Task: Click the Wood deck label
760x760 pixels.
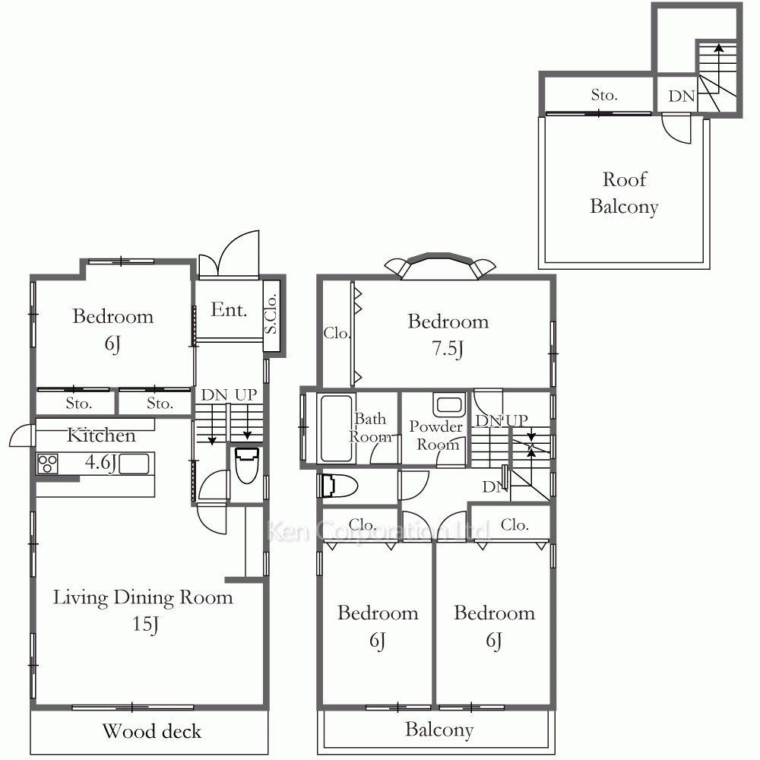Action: coord(152,731)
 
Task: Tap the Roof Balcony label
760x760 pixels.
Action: coord(624,193)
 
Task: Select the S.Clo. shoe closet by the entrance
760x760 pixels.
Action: coord(271,315)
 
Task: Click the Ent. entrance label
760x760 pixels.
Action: coord(229,309)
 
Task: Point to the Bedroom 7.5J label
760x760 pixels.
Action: coord(448,334)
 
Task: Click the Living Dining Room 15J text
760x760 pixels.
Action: coord(143,610)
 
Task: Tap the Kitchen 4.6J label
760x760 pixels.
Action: coord(101,448)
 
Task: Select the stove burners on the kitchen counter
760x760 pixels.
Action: coord(47,464)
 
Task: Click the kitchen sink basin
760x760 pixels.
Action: coord(134,464)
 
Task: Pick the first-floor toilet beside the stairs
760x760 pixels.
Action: coord(247,465)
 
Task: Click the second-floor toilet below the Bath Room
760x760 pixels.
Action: coord(338,486)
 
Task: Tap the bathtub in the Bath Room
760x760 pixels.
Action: coord(336,429)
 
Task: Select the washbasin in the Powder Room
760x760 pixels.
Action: coord(449,405)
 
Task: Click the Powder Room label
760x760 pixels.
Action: coord(436,435)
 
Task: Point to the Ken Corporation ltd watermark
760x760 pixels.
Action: coord(378,530)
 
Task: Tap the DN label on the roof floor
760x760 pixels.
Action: coord(682,96)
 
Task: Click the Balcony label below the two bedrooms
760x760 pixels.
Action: coord(439,730)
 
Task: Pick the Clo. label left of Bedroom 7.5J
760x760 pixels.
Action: coord(337,333)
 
